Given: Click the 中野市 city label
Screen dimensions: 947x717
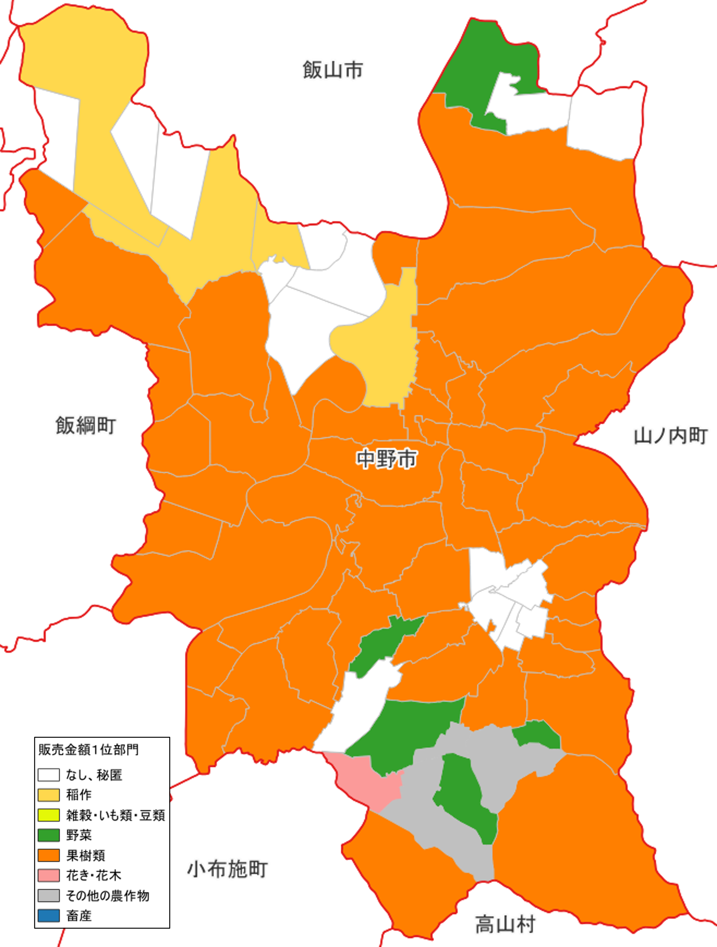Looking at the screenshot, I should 387,459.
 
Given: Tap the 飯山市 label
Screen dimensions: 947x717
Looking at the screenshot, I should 333,70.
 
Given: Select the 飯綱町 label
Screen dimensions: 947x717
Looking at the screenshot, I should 86,426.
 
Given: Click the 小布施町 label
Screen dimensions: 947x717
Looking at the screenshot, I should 227,869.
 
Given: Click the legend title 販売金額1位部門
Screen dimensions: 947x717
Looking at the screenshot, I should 89,750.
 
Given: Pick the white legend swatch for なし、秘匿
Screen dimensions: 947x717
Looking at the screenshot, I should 48,775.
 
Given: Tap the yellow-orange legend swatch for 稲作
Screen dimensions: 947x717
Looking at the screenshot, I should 48,795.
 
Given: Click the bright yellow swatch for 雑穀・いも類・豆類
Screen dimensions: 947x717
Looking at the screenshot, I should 48,815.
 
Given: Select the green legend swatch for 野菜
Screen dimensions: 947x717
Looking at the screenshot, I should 48,835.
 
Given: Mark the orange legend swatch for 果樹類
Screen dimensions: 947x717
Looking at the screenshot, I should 48,855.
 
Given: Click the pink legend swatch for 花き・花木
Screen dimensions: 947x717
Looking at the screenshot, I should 48,875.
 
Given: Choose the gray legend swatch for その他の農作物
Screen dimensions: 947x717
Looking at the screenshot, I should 48,896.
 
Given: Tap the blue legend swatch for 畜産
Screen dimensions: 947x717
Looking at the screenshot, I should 48,916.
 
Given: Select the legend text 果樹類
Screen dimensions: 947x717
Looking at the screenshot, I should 86,855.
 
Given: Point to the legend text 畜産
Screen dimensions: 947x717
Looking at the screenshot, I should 79,916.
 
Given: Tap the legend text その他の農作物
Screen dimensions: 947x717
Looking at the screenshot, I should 107,896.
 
